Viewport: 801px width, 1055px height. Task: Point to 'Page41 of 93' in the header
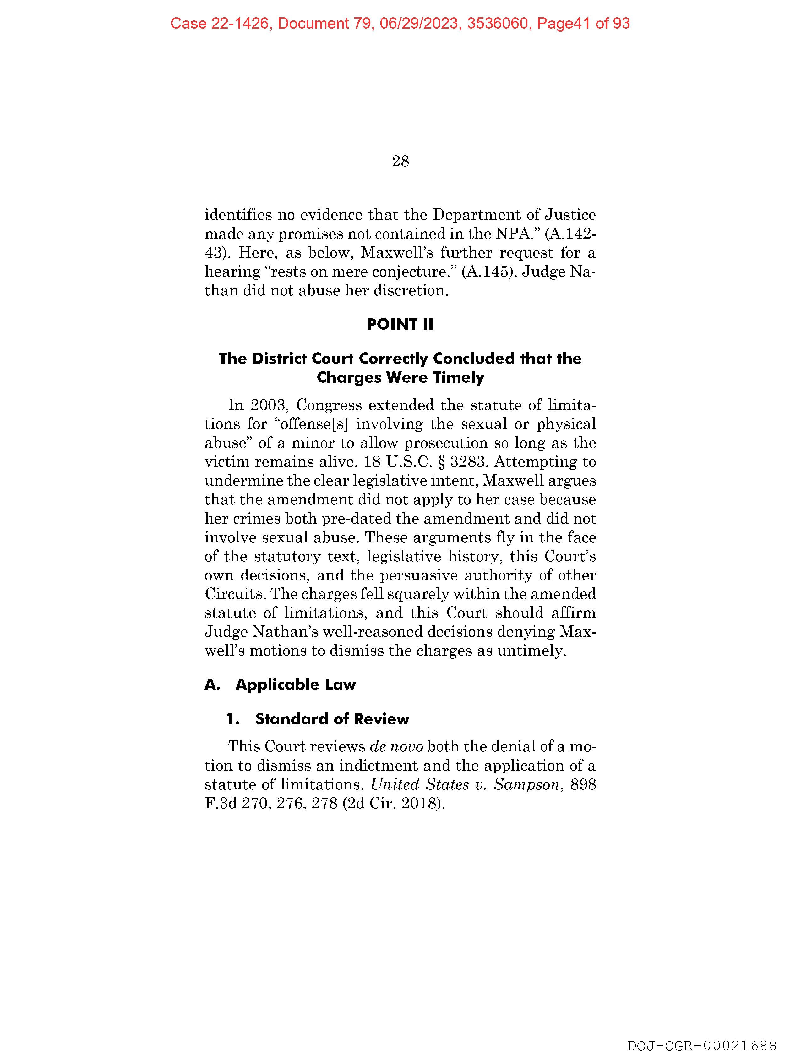click(583, 23)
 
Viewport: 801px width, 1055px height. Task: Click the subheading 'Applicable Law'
click(296, 684)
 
